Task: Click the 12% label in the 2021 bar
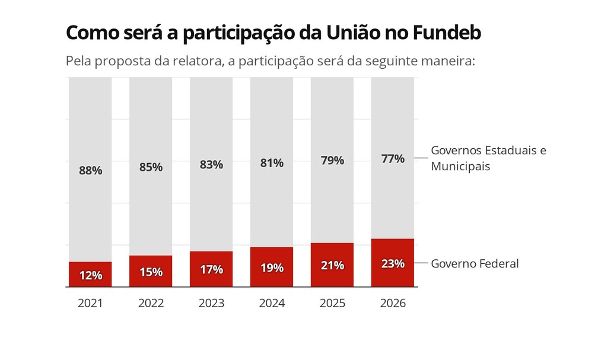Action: [x=90, y=275]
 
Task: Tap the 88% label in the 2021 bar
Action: [x=90, y=170]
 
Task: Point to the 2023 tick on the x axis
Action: [x=211, y=304]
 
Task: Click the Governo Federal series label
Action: [x=475, y=263]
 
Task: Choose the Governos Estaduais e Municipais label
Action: [x=488, y=158]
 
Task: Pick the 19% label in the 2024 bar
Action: [x=272, y=267]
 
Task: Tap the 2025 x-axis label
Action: [x=332, y=304]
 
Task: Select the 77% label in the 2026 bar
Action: [x=393, y=159]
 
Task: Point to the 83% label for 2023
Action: [x=211, y=165]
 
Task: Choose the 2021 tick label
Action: [x=90, y=304]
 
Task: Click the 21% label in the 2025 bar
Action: [x=332, y=265]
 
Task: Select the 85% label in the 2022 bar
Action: [x=151, y=167]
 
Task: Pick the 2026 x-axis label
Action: [x=393, y=304]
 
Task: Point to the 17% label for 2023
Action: [x=211, y=269]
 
